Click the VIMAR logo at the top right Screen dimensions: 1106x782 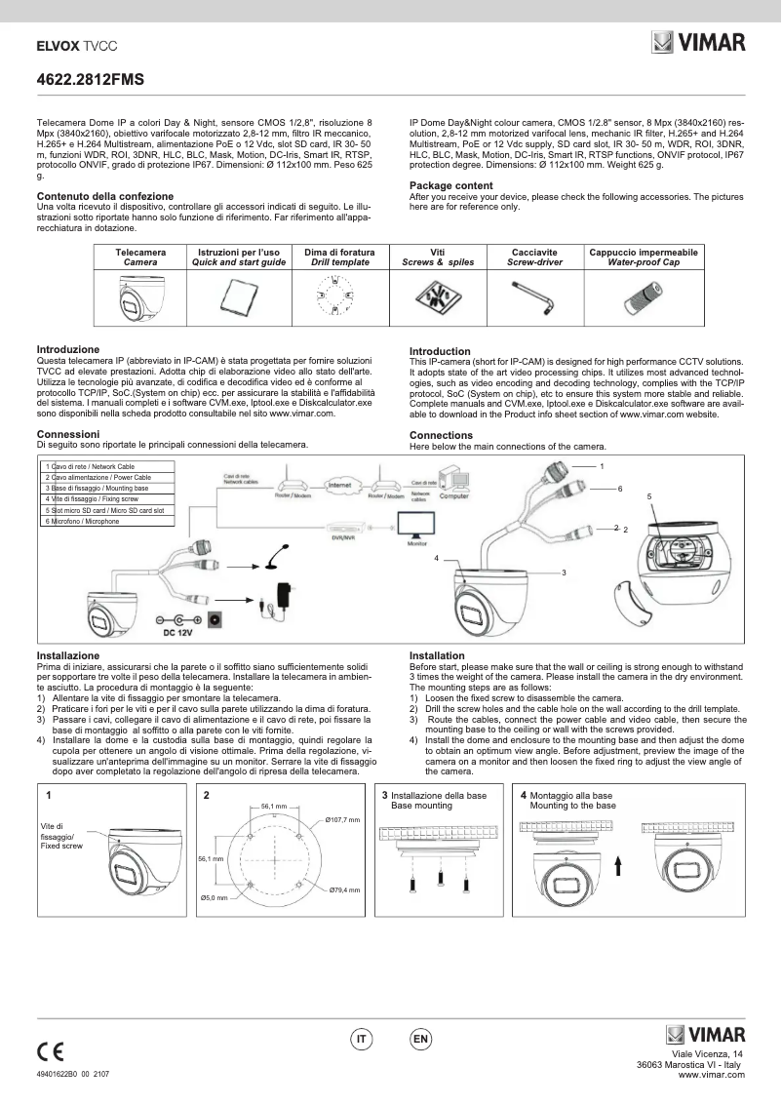[698, 43]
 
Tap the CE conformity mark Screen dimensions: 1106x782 [50, 1050]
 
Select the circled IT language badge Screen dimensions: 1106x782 [362, 1040]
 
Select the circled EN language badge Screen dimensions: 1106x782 [421, 1040]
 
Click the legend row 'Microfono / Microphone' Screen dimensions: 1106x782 [83, 522]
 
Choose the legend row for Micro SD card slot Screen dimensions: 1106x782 [105, 510]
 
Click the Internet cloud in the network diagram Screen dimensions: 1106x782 [338, 484]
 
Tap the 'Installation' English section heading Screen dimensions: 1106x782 [437, 655]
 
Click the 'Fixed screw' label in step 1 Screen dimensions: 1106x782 [61, 846]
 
